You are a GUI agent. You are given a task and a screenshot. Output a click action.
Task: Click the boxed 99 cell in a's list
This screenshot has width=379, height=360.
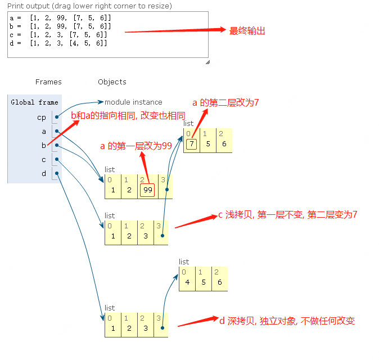pos(147,190)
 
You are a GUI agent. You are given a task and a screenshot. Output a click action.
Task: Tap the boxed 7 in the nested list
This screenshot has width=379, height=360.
pos(191,143)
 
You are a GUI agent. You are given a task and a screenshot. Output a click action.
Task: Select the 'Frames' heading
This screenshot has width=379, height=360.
pos(48,82)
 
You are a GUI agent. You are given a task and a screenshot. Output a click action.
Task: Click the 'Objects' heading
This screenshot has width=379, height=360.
pos(112,82)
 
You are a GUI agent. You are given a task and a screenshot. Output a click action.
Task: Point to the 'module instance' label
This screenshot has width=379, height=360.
pos(133,102)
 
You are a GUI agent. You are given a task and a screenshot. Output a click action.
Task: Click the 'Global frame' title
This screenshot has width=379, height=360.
pos(34,102)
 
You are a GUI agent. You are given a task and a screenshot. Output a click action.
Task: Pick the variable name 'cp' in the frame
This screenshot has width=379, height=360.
pos(42,118)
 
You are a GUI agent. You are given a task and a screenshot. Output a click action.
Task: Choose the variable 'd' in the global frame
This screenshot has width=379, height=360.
pos(44,173)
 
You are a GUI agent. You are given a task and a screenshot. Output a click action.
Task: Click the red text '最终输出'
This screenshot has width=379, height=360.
pos(247,31)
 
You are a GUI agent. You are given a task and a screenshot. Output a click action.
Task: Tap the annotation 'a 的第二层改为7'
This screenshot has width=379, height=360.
pos(225,102)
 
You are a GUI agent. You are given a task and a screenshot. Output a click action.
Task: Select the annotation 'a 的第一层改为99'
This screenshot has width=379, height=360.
pos(136,146)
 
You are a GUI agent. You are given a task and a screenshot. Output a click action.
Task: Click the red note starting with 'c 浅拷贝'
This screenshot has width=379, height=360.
pos(288,215)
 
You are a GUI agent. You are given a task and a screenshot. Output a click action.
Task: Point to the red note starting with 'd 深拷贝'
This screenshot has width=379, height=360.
pos(287,321)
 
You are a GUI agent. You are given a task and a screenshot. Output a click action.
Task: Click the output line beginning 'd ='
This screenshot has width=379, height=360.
pos(58,43)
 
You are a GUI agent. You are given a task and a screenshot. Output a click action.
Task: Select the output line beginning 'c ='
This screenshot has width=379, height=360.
pos(58,35)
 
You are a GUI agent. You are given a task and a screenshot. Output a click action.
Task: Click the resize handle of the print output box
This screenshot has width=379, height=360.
pos(207,62)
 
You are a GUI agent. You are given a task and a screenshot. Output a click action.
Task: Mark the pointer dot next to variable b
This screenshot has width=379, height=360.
pos(57,146)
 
